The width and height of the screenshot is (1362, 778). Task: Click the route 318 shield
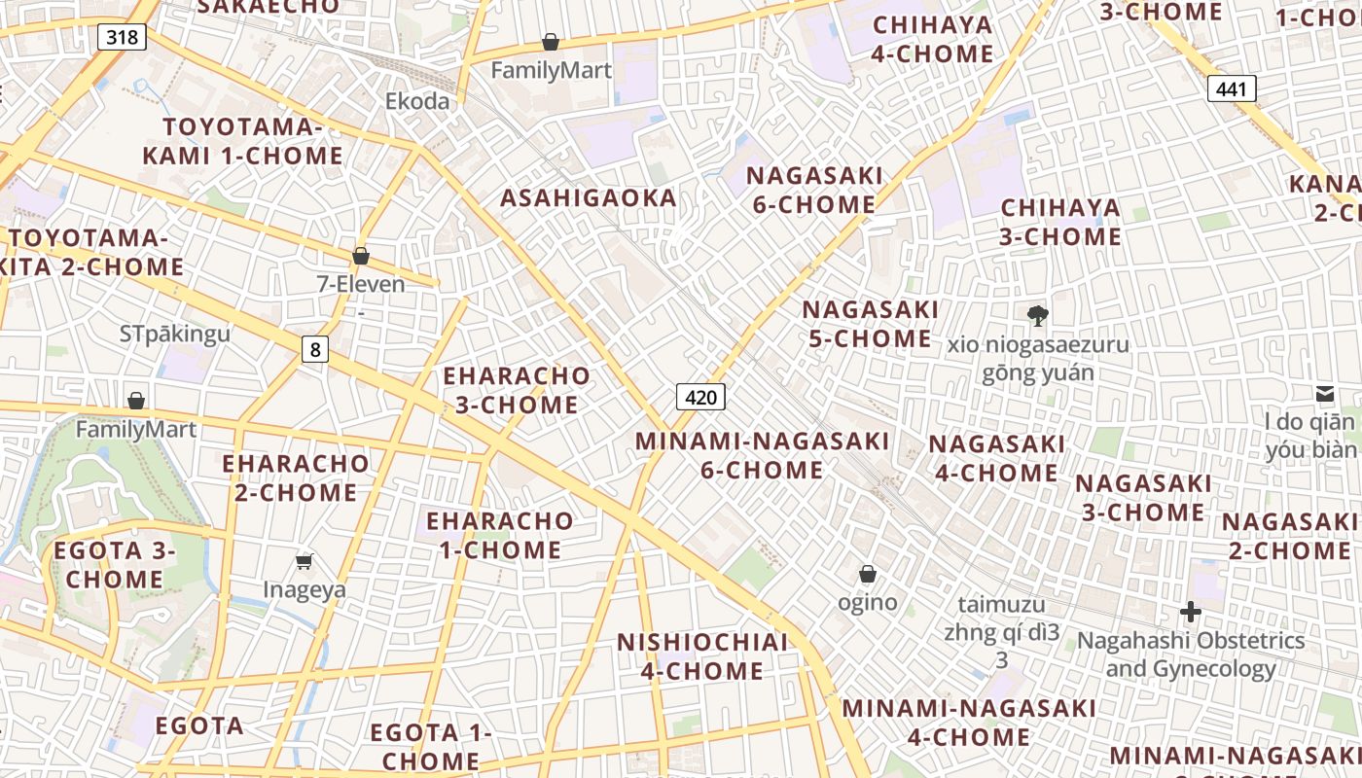click(122, 37)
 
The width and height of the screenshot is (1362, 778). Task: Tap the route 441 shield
click(1231, 89)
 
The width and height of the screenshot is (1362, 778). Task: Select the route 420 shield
click(700, 397)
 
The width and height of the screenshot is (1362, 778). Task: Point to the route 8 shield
click(314, 349)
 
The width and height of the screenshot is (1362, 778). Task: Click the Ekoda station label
click(417, 101)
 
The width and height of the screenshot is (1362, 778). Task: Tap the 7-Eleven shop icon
click(361, 257)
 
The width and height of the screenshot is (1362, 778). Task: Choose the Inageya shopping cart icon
click(305, 561)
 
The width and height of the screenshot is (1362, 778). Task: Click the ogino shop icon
click(867, 575)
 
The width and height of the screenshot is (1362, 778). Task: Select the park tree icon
click(1037, 315)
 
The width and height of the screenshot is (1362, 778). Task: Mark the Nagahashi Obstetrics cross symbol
click(1190, 612)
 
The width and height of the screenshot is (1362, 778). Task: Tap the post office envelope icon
click(1325, 393)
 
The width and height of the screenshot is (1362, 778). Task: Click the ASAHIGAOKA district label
click(589, 198)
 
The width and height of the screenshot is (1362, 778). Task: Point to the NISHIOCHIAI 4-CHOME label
click(702, 656)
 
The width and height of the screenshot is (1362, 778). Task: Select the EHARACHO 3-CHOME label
click(517, 390)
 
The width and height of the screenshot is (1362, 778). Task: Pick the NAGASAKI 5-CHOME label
click(871, 324)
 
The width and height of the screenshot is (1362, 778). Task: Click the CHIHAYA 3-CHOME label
click(1060, 223)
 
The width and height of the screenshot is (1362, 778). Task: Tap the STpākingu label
click(175, 335)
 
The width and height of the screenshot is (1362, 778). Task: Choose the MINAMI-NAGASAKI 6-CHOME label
click(762, 455)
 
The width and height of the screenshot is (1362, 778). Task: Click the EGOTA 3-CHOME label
click(115, 565)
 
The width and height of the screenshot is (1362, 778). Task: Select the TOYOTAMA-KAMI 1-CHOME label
click(242, 141)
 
